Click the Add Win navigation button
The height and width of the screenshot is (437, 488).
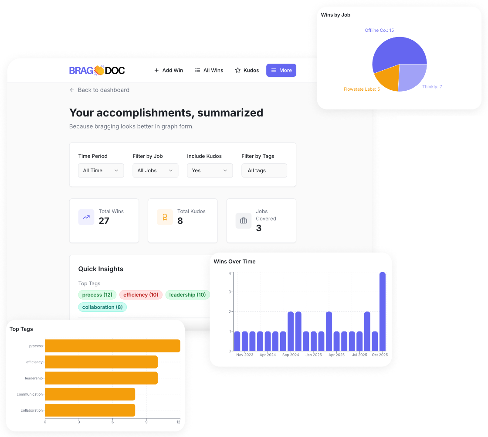tap(169, 70)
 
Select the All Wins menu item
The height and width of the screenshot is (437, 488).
tap(209, 70)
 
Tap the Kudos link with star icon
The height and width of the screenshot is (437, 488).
tap(247, 70)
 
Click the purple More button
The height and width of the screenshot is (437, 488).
tap(281, 70)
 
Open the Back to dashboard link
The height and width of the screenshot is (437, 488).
tap(99, 90)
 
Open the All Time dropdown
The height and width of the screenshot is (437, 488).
tap(101, 171)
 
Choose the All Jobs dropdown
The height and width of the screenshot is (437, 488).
tap(155, 171)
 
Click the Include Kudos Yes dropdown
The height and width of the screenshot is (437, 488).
tap(210, 171)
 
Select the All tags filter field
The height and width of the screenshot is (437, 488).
tap(264, 171)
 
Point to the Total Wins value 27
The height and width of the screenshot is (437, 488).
tap(104, 221)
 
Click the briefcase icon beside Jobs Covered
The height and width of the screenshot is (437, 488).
tap(244, 221)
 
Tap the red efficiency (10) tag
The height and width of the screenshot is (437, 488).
tap(141, 295)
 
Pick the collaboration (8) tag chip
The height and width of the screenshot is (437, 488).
tap(102, 307)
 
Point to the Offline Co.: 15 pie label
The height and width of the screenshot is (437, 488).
tap(379, 31)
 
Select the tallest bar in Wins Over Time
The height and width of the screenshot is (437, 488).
tap(383, 311)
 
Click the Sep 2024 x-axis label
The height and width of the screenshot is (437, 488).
tap(291, 355)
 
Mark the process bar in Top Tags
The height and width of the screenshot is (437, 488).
tap(112, 346)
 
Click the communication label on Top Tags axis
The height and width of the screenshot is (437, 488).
tap(30, 394)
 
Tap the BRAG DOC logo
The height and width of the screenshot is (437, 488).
tap(97, 70)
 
